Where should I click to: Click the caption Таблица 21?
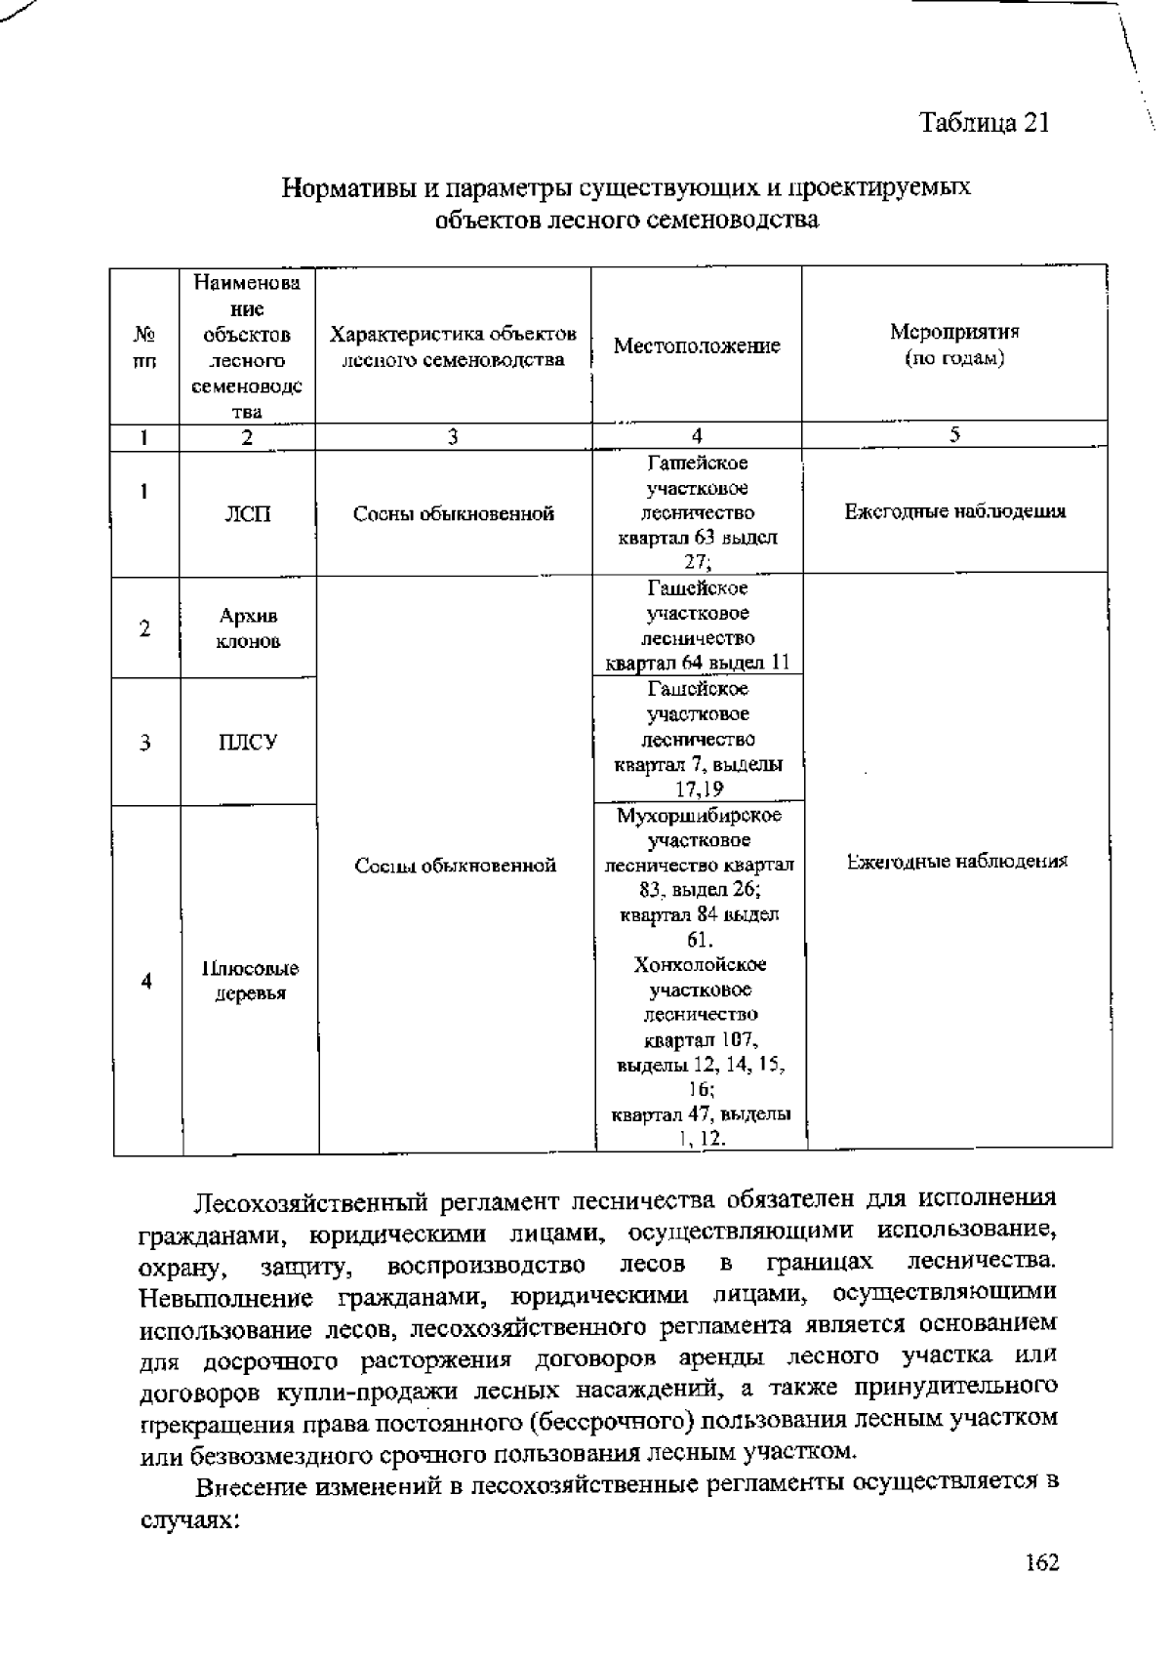(x=984, y=123)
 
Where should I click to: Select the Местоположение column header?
(x=697, y=346)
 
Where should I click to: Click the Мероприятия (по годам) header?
(x=954, y=344)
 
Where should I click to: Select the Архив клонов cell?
(x=248, y=628)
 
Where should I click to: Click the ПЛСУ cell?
(x=248, y=743)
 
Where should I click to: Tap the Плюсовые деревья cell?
(x=250, y=981)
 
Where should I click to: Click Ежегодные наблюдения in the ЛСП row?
(x=954, y=511)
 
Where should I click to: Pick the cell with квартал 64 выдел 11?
(x=697, y=626)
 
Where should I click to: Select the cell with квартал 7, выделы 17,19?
(x=699, y=740)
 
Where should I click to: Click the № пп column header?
(x=144, y=346)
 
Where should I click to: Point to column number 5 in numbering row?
(x=954, y=435)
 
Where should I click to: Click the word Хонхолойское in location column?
(x=700, y=965)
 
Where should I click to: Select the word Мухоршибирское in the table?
(x=699, y=816)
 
